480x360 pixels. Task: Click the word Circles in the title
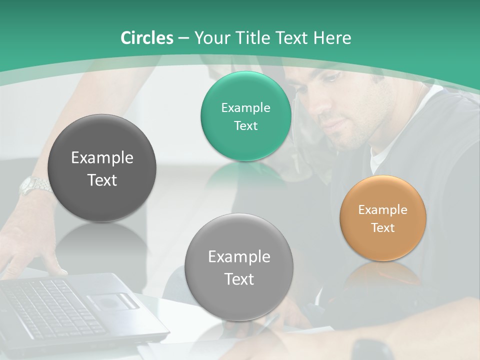(147, 38)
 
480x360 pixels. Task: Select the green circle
(245, 116)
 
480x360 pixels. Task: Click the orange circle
(383, 217)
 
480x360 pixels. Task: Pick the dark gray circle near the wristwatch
(102, 168)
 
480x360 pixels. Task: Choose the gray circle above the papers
(239, 267)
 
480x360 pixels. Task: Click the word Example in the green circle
(245, 107)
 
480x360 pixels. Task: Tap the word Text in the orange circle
(383, 228)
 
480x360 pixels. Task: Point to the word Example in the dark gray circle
(102, 158)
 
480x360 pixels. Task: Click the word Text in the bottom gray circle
(239, 279)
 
